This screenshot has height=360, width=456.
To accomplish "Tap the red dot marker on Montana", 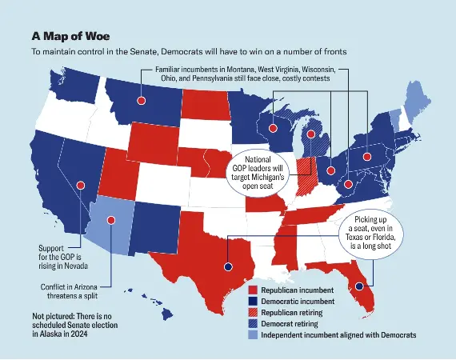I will pos(142,101).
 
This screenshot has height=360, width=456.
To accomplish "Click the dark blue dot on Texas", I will pos(227,267).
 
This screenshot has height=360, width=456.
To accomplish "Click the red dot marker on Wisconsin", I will pos(274,128).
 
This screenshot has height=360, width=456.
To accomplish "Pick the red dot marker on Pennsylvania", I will pos(368,156).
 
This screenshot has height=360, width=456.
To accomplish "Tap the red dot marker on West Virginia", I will pos(350,185).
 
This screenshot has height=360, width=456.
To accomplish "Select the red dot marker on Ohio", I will pos(331,170).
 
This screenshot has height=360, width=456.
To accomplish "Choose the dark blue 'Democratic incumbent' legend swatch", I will pos(252,301).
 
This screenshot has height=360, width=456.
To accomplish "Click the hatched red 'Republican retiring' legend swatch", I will pos(252,313).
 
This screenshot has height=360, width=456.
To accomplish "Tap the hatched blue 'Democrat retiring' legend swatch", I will pos(252,324).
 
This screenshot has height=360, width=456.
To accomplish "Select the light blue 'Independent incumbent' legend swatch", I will pos(252,336).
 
